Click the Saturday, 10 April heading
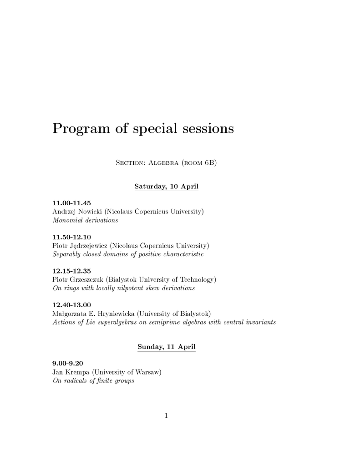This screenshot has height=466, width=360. tap(166, 187)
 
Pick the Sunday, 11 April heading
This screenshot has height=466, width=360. tap(166, 347)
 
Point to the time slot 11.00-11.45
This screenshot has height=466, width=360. tap(71, 203)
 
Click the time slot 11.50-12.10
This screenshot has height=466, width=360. tap(71, 237)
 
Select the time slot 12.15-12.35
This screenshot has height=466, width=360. tap(71, 271)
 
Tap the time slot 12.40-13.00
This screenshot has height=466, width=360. tap(71, 304)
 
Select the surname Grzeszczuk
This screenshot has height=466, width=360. tap(87, 279)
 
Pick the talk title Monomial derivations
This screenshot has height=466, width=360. tap(85, 220)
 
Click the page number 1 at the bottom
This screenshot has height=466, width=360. tap(167, 415)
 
